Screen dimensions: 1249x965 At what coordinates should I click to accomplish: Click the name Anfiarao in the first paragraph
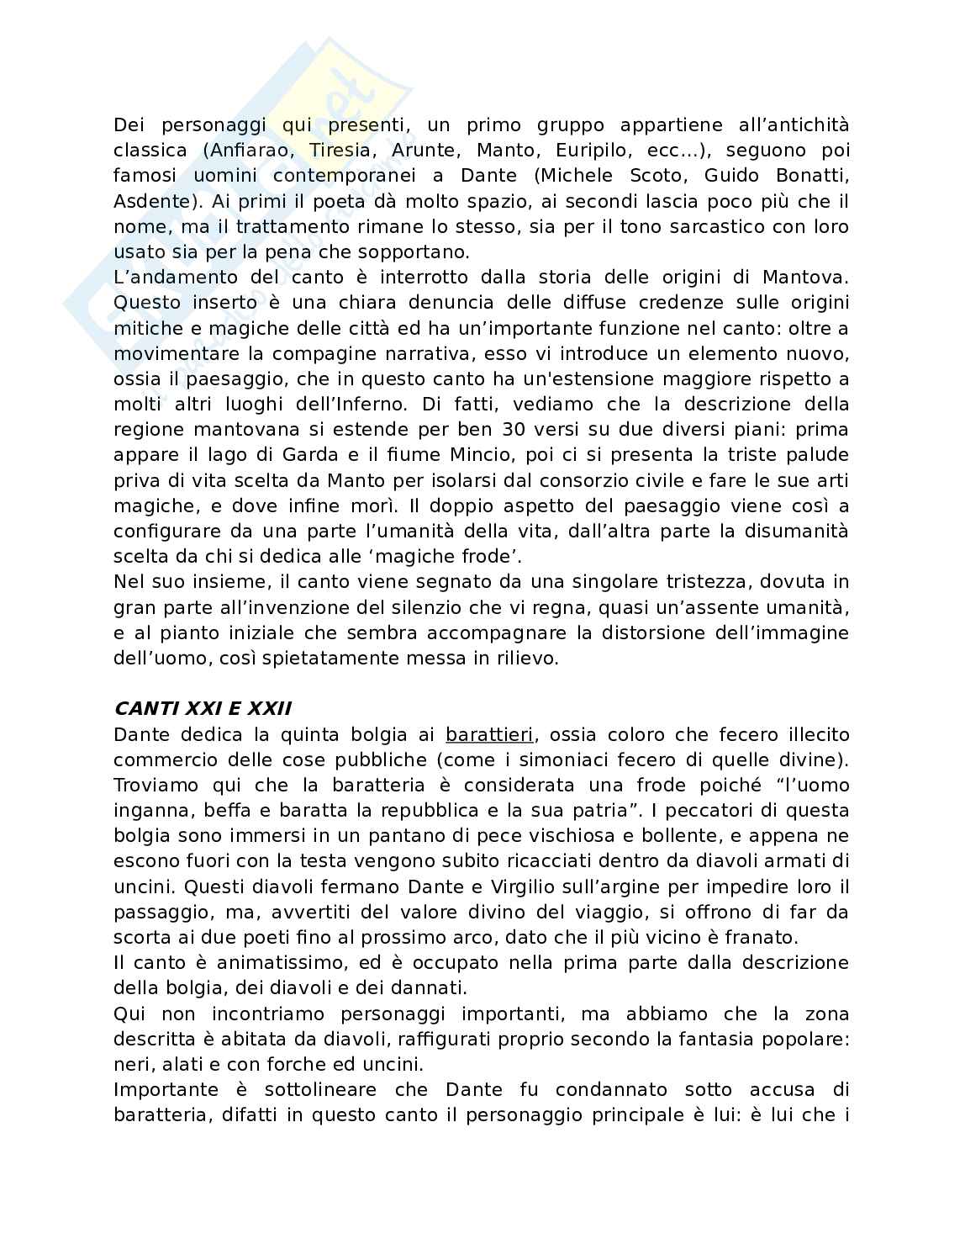pos(246,151)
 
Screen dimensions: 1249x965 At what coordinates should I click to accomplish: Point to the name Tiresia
pos(340,151)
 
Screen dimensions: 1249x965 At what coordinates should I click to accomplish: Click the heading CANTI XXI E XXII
pos(203,708)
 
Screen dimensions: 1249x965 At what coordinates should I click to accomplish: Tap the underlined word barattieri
pos(489,734)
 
